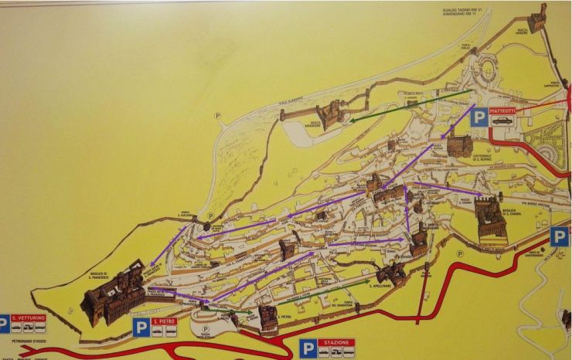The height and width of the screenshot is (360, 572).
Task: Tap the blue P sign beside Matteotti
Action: point(479,117)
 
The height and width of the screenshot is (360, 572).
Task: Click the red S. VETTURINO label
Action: point(28,318)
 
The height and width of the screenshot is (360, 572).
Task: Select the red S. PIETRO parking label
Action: point(165,321)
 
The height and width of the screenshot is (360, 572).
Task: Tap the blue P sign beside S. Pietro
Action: point(141,327)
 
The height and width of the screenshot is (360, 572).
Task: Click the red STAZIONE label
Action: point(336,342)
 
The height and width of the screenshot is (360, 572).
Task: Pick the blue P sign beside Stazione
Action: point(308,349)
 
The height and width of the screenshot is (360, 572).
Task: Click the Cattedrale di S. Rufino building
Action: point(459,144)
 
